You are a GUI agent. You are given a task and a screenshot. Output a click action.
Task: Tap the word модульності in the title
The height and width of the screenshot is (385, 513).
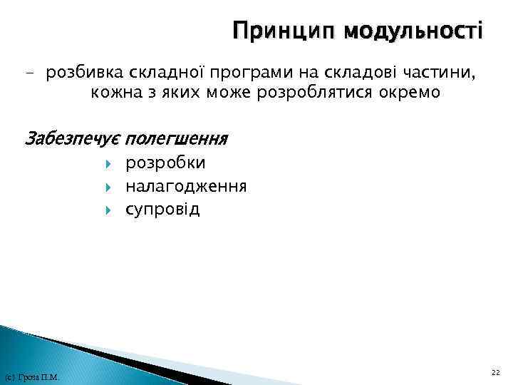(413, 33)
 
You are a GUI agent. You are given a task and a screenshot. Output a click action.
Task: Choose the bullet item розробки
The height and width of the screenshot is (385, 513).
(166, 164)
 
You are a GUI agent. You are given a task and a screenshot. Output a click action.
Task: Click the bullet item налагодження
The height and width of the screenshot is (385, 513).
(187, 187)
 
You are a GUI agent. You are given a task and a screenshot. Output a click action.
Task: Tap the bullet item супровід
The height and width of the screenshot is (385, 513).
(163, 210)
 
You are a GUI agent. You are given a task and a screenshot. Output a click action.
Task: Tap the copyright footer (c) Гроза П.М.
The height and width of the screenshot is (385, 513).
(31, 376)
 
